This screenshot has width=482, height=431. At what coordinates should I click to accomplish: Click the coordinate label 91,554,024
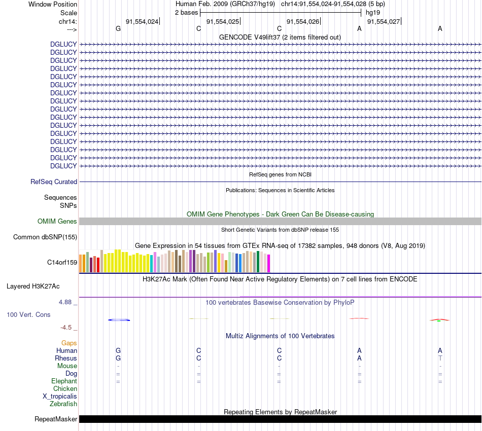[x=142, y=21]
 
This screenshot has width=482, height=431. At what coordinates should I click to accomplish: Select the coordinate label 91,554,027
[x=384, y=21]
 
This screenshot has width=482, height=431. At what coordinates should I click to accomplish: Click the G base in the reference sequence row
[x=118, y=29]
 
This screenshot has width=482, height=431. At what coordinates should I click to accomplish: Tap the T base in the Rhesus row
[x=440, y=358]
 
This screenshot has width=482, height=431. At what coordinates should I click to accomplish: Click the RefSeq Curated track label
[x=54, y=182]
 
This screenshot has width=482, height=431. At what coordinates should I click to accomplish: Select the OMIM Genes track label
[x=57, y=221]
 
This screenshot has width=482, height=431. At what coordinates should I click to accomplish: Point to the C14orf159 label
[x=62, y=263]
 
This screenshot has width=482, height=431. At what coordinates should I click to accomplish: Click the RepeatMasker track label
[x=56, y=419]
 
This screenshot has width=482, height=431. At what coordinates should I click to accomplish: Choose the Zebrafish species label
[x=63, y=404]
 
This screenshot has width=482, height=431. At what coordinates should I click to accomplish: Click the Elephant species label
[x=64, y=381]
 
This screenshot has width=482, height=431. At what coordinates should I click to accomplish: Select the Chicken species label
[x=65, y=388]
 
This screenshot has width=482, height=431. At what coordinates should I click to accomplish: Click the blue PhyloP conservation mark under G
[x=120, y=319]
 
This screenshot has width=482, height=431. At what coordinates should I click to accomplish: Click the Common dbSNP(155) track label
[x=45, y=237]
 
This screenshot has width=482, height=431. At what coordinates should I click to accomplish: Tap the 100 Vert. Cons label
[x=28, y=314]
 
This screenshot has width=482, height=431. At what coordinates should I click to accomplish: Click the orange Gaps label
[x=69, y=343]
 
